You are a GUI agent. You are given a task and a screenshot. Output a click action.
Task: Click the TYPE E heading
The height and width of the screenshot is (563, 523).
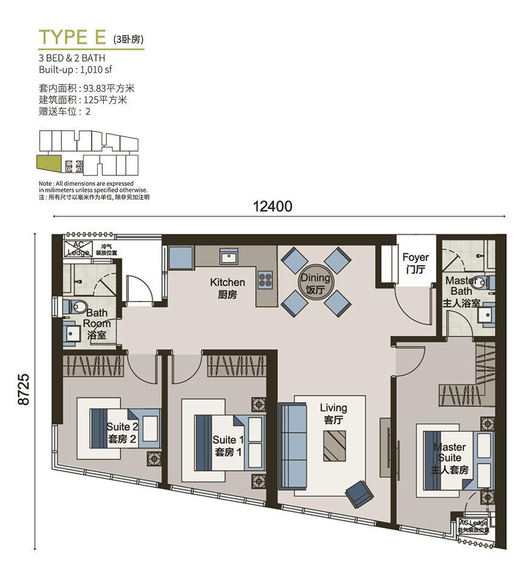tap(72, 38)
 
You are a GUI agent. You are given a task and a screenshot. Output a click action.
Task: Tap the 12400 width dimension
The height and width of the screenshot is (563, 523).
tap(272, 206)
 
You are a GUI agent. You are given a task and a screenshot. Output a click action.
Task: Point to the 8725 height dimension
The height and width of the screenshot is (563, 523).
tap(24, 389)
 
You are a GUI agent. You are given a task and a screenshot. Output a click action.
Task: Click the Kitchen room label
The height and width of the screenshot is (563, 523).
tap(228, 288)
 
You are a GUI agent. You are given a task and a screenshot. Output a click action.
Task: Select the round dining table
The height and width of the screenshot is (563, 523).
tap(315, 282)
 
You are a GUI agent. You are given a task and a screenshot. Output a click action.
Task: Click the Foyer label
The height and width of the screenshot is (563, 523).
tap(416, 263)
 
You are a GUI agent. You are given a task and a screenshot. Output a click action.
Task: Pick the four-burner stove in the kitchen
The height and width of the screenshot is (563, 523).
tap(266, 280)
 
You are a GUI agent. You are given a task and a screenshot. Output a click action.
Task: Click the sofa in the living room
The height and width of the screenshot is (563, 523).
tap(292, 446)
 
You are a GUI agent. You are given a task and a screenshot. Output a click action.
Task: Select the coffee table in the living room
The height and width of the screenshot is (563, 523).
tap(334, 445)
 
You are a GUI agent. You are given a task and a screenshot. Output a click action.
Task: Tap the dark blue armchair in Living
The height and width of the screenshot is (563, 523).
tap(359, 494)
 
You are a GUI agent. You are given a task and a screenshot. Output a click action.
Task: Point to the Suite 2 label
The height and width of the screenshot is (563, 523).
tap(122, 433)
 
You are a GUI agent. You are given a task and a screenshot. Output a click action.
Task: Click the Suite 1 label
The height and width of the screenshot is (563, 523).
tap(228, 445)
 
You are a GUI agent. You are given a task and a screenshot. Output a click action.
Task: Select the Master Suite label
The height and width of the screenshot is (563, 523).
tap(450, 459)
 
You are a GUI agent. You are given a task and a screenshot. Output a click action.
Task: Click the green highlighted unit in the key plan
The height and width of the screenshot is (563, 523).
tap(49, 163)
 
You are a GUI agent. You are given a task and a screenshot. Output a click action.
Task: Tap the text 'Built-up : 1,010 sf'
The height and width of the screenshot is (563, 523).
tap(75, 69)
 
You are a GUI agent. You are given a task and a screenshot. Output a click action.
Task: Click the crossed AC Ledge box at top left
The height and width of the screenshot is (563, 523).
tap(78, 249)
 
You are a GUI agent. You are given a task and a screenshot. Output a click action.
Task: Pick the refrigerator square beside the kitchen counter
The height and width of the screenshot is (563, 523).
tap(181, 257)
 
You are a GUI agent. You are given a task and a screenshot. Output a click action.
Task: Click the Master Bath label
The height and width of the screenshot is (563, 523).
tap(462, 292)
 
